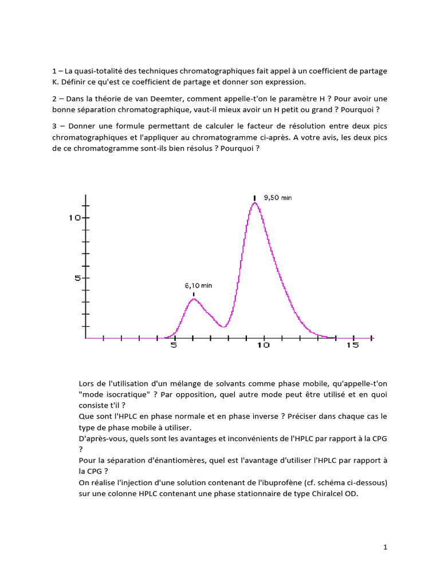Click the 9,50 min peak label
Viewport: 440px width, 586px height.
click(277, 197)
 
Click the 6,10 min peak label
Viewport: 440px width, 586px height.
click(198, 284)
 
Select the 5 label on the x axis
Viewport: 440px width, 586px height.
click(174, 346)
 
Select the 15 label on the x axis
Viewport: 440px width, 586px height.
click(352, 346)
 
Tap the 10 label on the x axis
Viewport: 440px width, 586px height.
click(264, 346)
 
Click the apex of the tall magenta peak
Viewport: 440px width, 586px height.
click(254, 203)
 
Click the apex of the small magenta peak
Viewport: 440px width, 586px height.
click(194, 299)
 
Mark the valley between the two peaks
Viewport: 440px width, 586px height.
click(224, 327)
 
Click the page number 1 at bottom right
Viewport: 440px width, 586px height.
click(386, 547)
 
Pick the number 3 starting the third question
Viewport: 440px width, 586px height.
click(54, 125)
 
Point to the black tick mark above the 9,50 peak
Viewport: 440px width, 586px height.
click(254, 198)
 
